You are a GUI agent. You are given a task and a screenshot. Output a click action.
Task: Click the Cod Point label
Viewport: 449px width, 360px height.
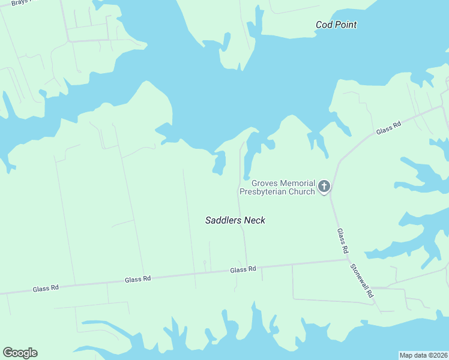click(x=336, y=25)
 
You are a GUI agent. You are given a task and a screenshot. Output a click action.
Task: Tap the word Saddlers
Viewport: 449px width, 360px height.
click(x=223, y=220)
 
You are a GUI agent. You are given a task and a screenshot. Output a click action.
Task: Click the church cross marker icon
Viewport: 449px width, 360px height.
click(x=324, y=187)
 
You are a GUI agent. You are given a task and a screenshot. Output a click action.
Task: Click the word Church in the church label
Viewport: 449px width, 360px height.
click(x=302, y=192)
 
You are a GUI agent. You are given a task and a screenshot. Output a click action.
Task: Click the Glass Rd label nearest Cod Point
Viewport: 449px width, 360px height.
click(x=388, y=128)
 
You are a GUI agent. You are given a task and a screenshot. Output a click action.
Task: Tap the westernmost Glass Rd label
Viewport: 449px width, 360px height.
click(x=46, y=289)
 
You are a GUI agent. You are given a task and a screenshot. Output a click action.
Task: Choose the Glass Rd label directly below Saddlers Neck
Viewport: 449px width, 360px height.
click(x=243, y=270)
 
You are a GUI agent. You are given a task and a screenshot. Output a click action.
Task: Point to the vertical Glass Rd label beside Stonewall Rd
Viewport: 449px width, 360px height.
click(x=342, y=241)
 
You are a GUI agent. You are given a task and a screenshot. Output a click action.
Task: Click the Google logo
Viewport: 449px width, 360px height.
click(x=20, y=353)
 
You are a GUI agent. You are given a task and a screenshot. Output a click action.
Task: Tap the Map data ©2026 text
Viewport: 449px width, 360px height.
click(x=423, y=355)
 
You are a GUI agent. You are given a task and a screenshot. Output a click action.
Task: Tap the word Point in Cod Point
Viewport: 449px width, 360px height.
click(x=346, y=25)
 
